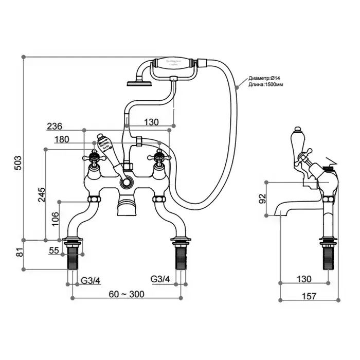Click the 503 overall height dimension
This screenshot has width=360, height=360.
pos(17,163)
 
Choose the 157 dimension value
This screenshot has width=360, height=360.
pos(308,296)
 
